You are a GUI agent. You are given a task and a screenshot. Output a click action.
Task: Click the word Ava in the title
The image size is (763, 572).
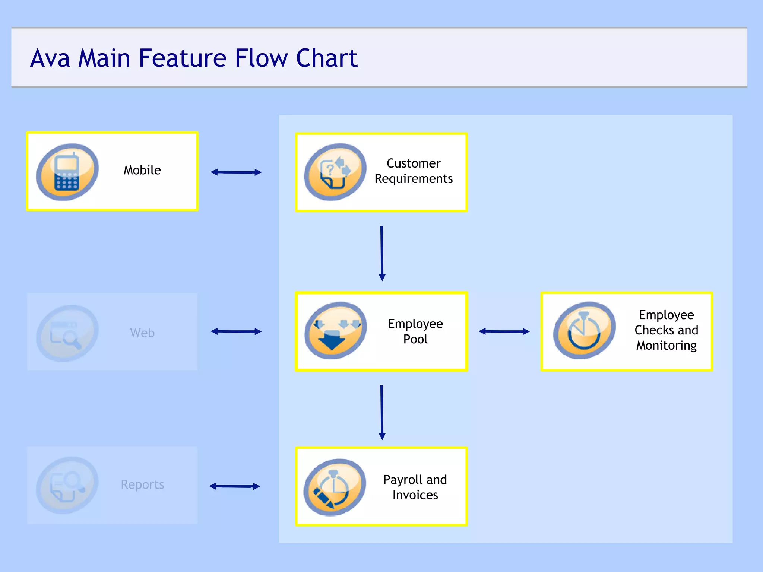coord(50,58)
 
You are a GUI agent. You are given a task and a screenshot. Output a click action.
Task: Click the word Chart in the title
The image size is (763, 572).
coord(326,58)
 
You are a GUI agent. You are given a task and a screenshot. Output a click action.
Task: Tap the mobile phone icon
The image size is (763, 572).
coord(67,172)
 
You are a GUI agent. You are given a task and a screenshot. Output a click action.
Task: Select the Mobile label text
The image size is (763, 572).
coord(142,170)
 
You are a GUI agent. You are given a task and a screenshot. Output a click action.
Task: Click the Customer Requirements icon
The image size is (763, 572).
coord(335,172)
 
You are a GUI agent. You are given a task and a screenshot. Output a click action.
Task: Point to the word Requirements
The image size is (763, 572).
coord(414,179)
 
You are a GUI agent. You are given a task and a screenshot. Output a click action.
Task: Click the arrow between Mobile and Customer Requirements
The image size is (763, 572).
coord(236,172)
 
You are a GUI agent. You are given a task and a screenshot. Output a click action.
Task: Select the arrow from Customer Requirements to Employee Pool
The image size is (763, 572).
coord(381,253)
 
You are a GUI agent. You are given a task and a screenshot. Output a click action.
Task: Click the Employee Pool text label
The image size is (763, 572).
coord(415,331)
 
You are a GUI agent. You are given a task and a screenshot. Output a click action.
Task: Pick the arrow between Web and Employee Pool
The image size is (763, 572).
coord(236,331)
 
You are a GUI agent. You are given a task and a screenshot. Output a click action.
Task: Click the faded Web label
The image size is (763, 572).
coord(142,333)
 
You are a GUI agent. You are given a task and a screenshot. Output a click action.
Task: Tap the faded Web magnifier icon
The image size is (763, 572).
coord(67,333)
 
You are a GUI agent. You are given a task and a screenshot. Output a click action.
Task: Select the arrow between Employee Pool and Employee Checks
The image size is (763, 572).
coord(504,331)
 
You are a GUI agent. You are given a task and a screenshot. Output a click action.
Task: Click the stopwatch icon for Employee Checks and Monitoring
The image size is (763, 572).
coord(584,331)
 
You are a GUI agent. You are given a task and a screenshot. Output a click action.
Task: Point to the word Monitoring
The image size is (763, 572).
coord(666,346)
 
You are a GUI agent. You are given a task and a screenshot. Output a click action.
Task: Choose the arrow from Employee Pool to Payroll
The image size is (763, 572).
coord(381,412)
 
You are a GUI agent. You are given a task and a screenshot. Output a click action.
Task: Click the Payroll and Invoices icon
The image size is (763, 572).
coord(335,487)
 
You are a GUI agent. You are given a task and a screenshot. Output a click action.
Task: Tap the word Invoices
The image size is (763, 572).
coord(415,495)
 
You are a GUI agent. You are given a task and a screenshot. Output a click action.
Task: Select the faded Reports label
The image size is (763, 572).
coord(142,484)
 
